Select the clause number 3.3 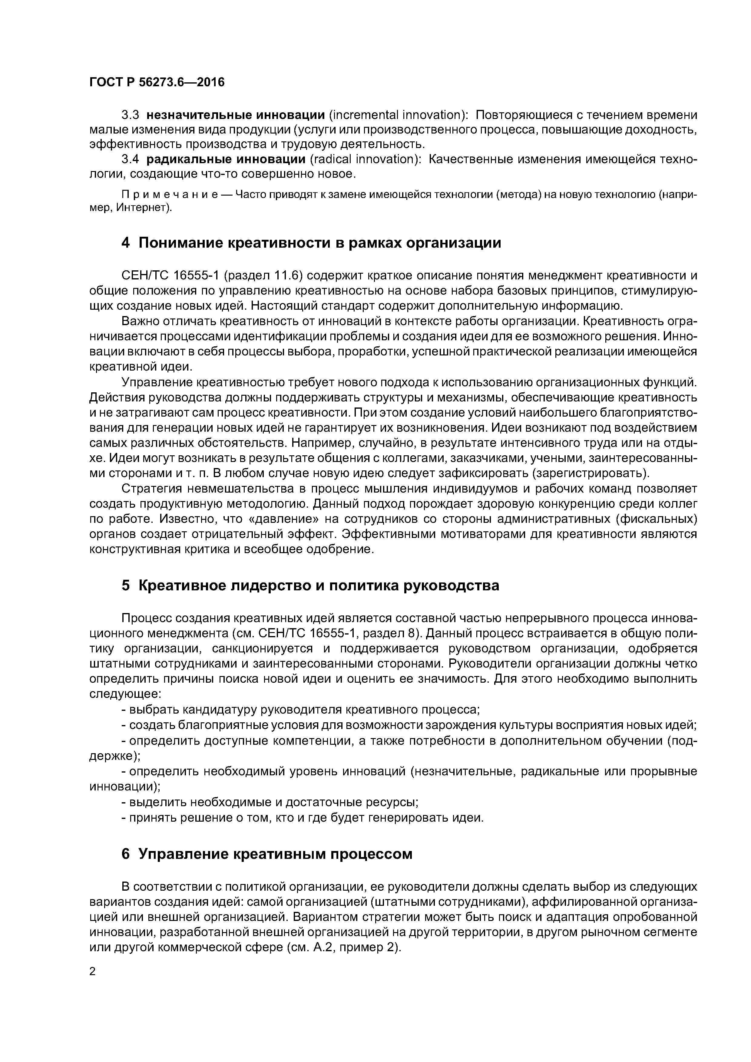(130, 115)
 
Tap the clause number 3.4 (130, 159)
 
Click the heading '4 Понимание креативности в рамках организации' (311, 243)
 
